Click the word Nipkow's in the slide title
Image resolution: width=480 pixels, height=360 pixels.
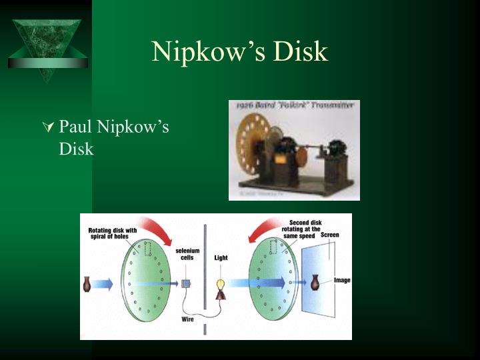[199, 52]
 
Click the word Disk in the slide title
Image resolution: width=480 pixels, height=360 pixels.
[298, 52]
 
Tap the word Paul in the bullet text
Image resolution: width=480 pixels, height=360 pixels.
[75, 126]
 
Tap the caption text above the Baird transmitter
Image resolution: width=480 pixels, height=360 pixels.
[294, 106]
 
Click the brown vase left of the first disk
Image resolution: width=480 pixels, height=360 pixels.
[87, 285]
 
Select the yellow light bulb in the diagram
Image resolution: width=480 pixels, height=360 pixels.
[221, 285]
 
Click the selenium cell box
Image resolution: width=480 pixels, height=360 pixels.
[186, 283]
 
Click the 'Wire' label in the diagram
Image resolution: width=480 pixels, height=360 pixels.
[187, 319]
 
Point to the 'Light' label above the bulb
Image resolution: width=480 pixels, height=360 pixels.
[221, 257]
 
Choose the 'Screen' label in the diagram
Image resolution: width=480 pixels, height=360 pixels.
[329, 235]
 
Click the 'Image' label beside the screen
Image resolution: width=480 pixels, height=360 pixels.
[342, 280]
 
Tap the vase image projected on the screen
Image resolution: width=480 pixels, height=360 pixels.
[313, 282]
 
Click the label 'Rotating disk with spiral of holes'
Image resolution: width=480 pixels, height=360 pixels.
[113, 233]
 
